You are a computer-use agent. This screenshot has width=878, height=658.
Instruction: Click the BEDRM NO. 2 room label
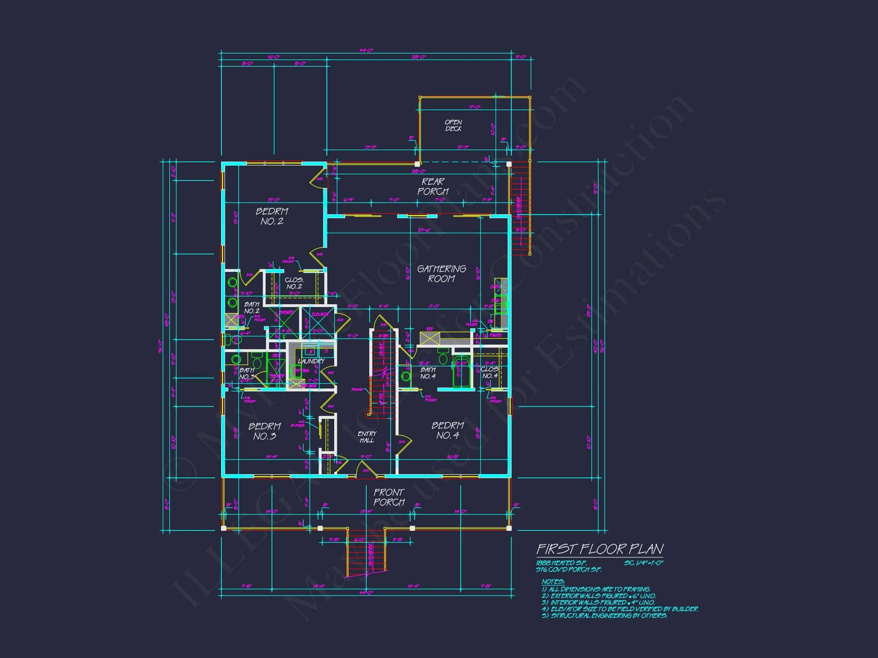point(272,217)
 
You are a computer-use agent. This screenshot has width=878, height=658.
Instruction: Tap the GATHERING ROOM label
point(441,274)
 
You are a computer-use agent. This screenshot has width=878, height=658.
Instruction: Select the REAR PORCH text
point(433,187)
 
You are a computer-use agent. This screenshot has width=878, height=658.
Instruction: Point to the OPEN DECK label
point(453,125)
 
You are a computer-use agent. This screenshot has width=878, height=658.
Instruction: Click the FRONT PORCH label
point(389,497)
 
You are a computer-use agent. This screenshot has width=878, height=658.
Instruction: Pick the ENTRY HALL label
point(367,437)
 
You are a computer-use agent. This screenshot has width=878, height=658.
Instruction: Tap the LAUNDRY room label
point(311,361)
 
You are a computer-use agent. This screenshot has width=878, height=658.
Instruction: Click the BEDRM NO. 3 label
point(264,431)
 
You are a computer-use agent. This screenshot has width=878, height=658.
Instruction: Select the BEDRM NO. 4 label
point(448,430)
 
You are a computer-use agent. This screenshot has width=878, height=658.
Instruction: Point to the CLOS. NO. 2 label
point(294,283)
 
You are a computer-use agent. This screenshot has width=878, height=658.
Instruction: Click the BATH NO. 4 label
point(428,373)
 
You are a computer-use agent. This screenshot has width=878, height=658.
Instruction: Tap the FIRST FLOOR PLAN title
point(599,549)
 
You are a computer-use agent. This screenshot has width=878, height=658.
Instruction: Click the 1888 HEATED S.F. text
point(561,563)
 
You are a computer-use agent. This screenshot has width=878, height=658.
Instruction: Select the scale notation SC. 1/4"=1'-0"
point(643,563)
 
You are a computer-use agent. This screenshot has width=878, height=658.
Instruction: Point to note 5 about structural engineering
point(604,616)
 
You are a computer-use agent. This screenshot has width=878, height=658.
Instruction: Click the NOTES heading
point(553,581)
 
